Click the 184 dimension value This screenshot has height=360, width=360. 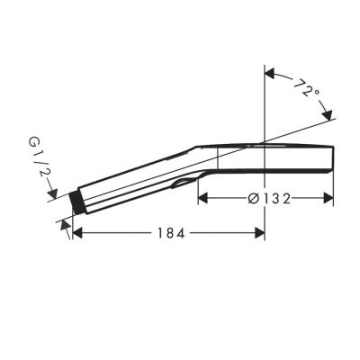(168, 233)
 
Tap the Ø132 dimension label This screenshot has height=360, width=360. (268, 199)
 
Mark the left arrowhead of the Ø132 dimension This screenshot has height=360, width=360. (203, 199)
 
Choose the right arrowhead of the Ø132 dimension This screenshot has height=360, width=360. (330, 199)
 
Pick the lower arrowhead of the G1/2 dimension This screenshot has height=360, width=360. (66, 220)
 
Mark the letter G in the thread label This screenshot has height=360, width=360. (33, 142)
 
